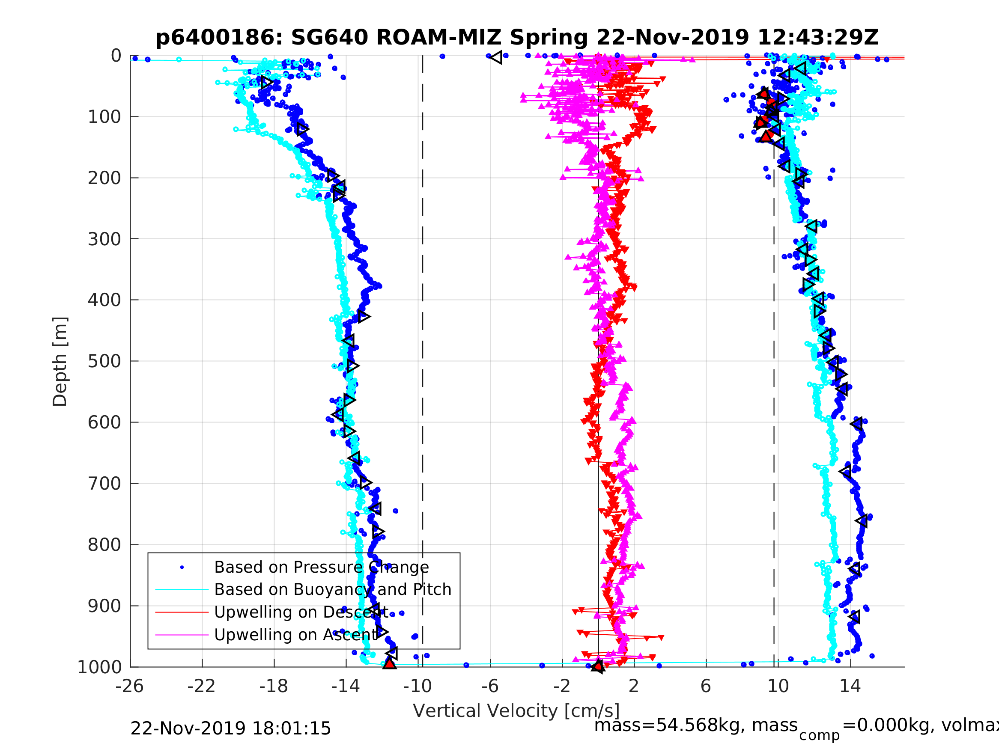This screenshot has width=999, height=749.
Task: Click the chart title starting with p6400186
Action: coord(517,38)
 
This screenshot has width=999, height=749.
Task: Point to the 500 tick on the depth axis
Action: coord(104,361)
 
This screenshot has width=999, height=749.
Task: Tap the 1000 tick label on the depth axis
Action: coord(99,667)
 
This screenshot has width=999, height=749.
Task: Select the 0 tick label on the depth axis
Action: coord(116,56)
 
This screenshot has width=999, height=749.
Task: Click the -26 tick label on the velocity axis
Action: coord(130,687)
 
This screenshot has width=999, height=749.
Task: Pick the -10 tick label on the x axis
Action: coord(418,687)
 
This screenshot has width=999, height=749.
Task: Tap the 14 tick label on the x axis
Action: coord(850,687)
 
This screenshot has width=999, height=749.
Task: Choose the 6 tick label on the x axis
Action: coord(706,687)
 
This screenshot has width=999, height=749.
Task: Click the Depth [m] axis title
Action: coord(60,361)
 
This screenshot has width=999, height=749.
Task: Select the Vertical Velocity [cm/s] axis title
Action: coord(516,711)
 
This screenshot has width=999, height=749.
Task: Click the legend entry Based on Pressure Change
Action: coord(321,567)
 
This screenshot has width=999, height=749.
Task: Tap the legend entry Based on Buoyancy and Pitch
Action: coord(332,590)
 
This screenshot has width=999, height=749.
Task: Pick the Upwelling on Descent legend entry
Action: coord(301,612)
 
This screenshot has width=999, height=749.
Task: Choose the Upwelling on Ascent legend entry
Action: coord(296,635)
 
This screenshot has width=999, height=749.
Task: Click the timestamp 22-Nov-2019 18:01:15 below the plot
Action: coord(230,729)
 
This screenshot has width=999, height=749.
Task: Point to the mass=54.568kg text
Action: coord(695,725)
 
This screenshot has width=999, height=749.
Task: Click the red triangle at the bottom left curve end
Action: coord(389,663)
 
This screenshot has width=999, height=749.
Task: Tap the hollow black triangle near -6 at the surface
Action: coord(496,57)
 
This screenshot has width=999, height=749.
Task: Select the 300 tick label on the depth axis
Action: coord(104,239)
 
